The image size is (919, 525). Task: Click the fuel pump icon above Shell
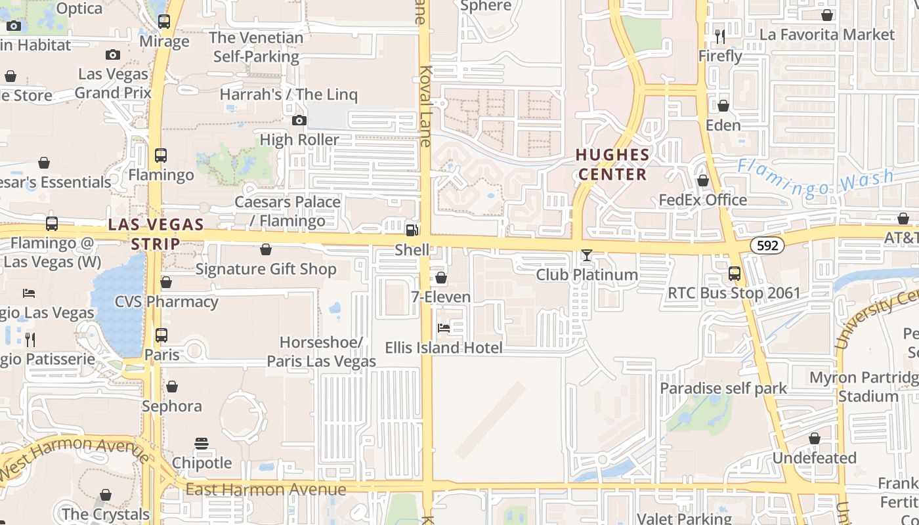pos(412,230)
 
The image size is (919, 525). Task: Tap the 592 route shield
pos(767,245)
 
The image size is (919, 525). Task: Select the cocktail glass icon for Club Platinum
pos(587,255)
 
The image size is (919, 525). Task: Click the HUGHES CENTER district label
pos(612,165)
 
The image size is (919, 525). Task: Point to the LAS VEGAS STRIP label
pos(156,234)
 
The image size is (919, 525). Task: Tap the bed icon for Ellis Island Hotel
pos(444,327)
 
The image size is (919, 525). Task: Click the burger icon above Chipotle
pos(202,444)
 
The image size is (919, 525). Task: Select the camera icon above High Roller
pos(299,120)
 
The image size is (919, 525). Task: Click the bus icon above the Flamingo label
pos(161,156)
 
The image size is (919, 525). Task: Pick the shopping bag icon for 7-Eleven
pos(441,278)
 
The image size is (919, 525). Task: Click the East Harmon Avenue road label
pos(265,490)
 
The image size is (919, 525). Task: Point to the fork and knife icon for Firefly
pos(720,37)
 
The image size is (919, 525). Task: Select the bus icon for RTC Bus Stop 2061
pos(735,274)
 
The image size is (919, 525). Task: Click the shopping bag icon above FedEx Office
pos(703,180)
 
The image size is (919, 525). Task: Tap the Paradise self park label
pos(723,388)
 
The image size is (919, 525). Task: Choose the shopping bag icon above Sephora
pos(172,387)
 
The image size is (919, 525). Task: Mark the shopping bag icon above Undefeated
pos(815,438)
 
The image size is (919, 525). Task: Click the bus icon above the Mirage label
pos(164,22)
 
